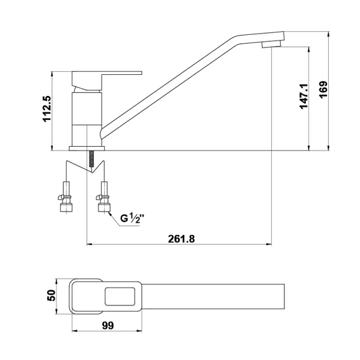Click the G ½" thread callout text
coord(133,218)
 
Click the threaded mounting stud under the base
coord(93,159)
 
